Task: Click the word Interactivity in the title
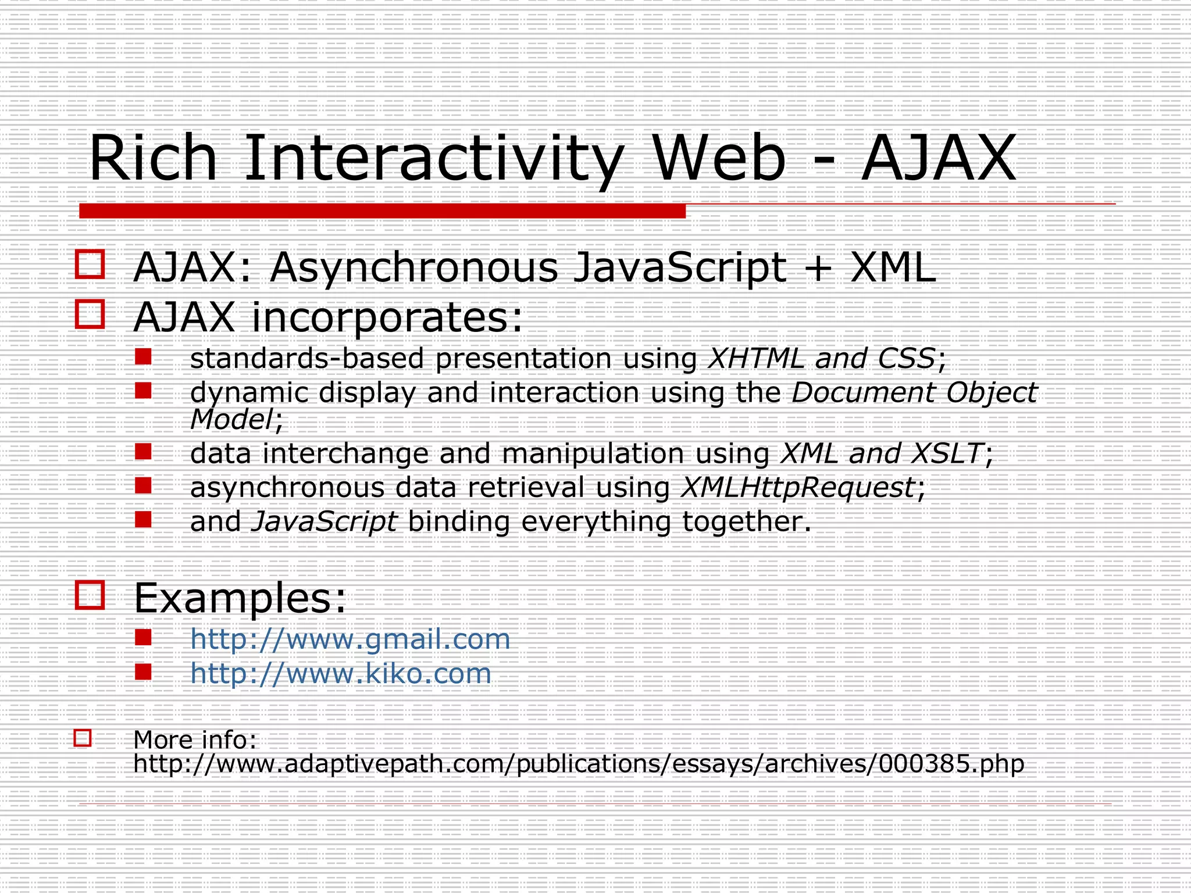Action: pyautogui.click(x=433, y=158)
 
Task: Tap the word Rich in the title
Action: pyautogui.click(x=152, y=158)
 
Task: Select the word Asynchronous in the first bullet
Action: pyautogui.click(x=413, y=268)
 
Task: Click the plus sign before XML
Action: pyautogui.click(x=818, y=269)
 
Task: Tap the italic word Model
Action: pyautogui.click(x=231, y=419)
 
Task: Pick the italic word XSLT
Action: pyautogui.click(x=947, y=453)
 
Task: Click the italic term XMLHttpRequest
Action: pyautogui.click(x=797, y=487)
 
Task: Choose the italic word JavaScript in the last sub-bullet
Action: pyautogui.click(x=325, y=521)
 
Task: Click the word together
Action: pyautogui.click(x=746, y=521)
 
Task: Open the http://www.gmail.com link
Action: pyautogui.click(x=350, y=639)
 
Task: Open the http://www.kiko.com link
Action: pyautogui.click(x=341, y=673)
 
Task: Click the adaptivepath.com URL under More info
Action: pyautogui.click(x=579, y=763)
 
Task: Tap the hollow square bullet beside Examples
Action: pyautogui.click(x=90, y=595)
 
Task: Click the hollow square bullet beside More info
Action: pyautogui.click(x=83, y=738)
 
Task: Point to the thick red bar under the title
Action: pyautogui.click(x=382, y=211)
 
